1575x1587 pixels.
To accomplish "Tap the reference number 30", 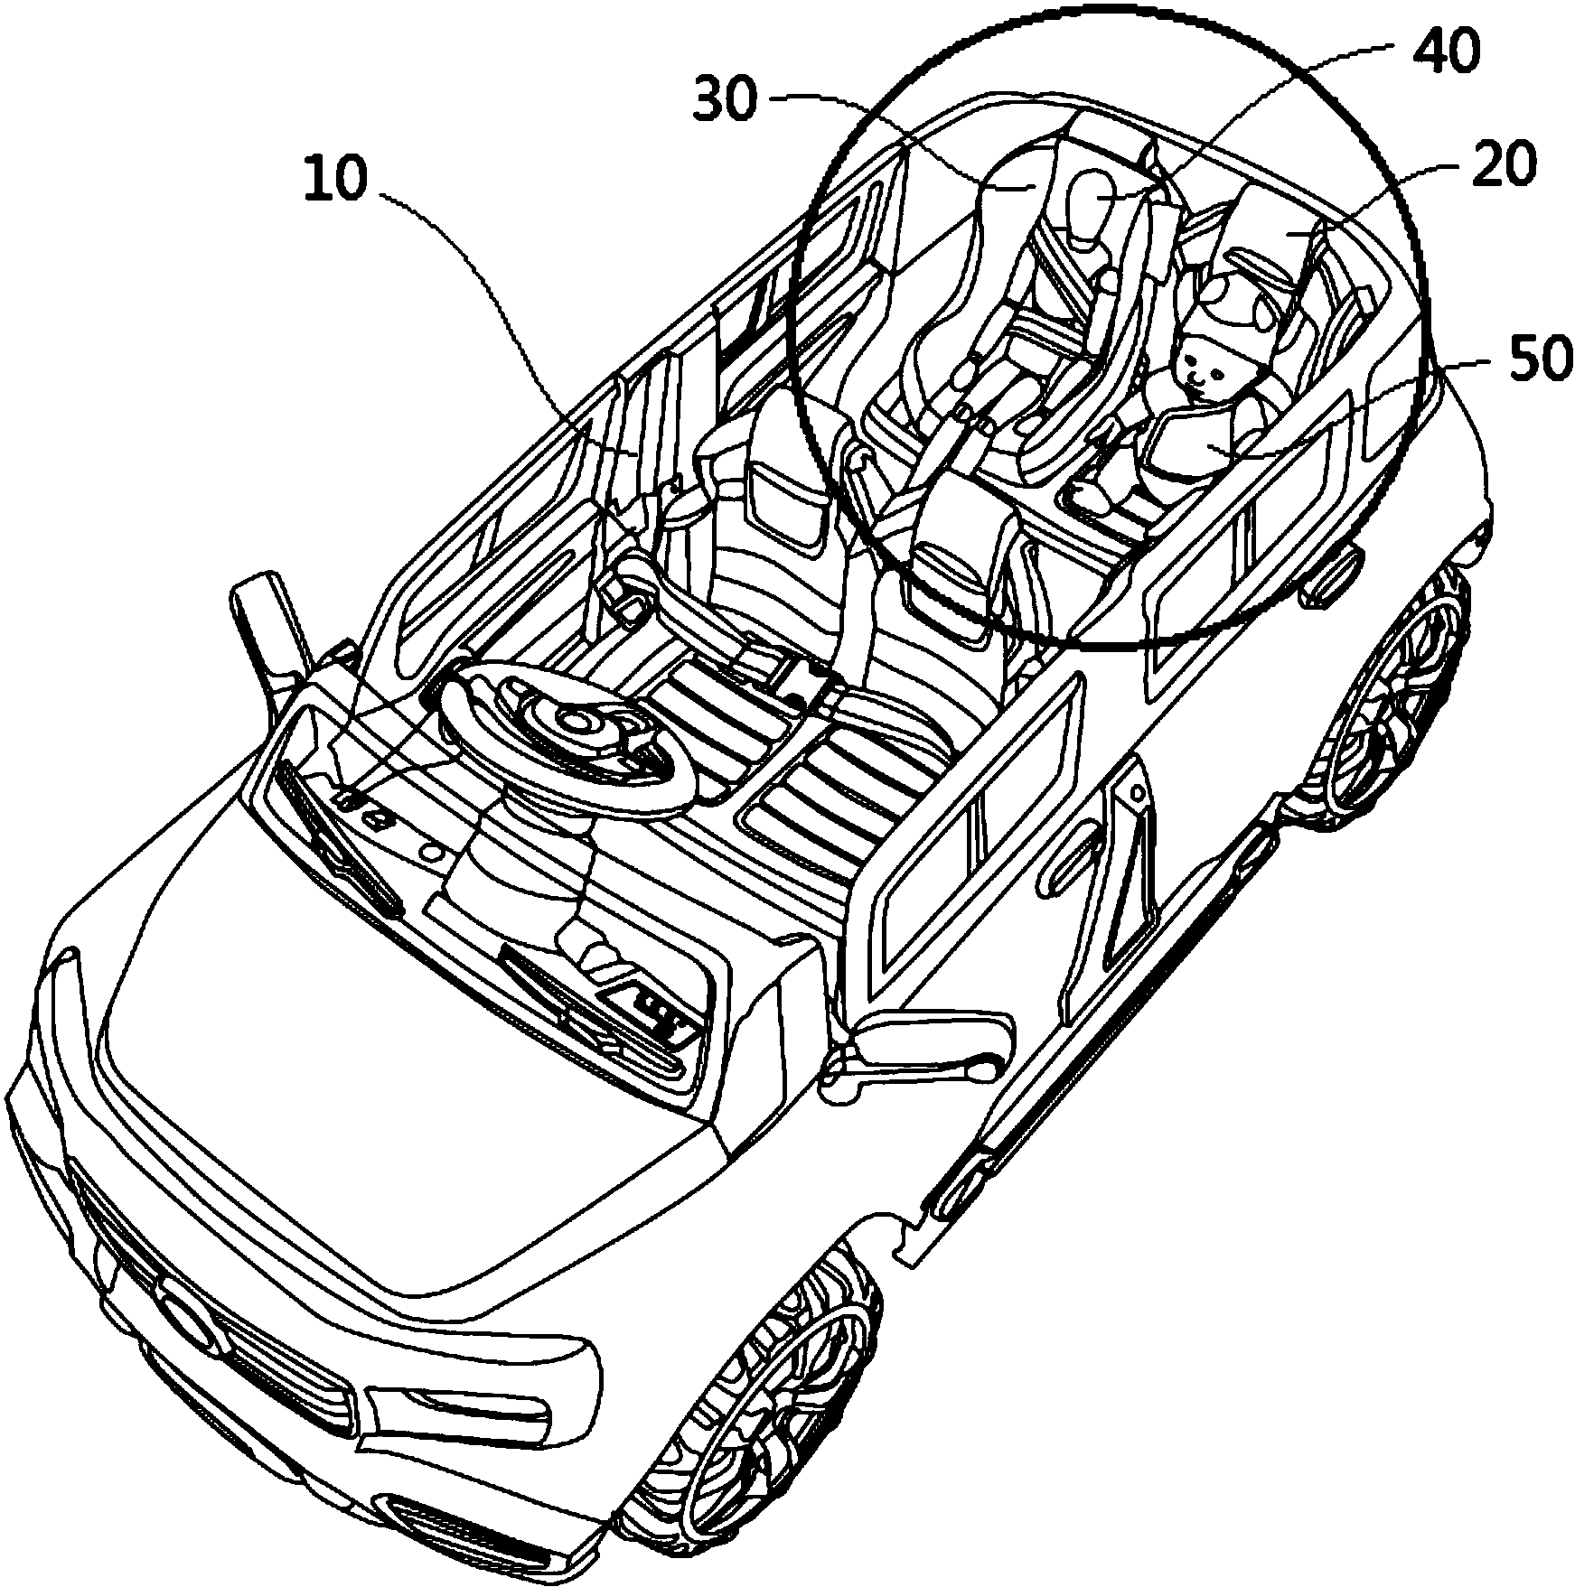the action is pos(724,99).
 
